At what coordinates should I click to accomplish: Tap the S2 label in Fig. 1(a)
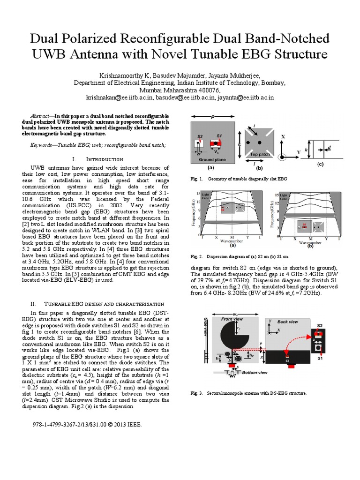(200, 136)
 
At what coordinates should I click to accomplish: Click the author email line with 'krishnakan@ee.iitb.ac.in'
(180, 97)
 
